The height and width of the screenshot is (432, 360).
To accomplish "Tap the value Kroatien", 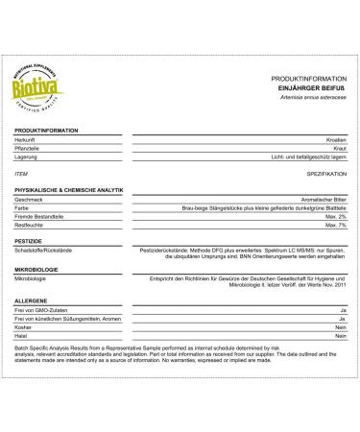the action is point(333,139).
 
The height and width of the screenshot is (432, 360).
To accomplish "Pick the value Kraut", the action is point(337,148).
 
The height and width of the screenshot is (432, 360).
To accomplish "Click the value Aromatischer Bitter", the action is point(316,200).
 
